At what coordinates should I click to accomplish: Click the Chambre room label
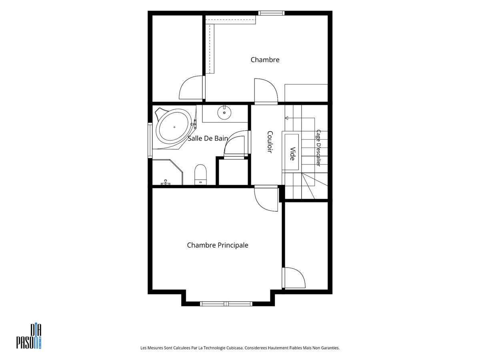click(x=265, y=60)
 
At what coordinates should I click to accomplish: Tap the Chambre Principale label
click(x=218, y=245)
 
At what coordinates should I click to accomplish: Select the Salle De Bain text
click(x=208, y=138)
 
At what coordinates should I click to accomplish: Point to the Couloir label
click(x=270, y=142)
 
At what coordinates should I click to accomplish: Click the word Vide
click(x=292, y=154)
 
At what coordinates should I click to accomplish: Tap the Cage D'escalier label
click(x=318, y=148)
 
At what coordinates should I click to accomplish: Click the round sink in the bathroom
click(x=224, y=112)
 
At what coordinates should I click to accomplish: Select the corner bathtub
click(x=174, y=128)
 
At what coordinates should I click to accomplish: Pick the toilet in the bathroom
click(x=200, y=175)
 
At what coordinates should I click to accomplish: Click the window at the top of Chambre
click(x=271, y=13)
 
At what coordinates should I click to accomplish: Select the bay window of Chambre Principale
click(x=226, y=304)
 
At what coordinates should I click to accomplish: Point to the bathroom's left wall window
click(x=150, y=140)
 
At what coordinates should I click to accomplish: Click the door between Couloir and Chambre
click(x=266, y=91)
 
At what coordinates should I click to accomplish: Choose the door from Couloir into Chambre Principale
click(x=266, y=198)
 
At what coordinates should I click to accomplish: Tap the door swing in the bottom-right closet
click(x=294, y=278)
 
